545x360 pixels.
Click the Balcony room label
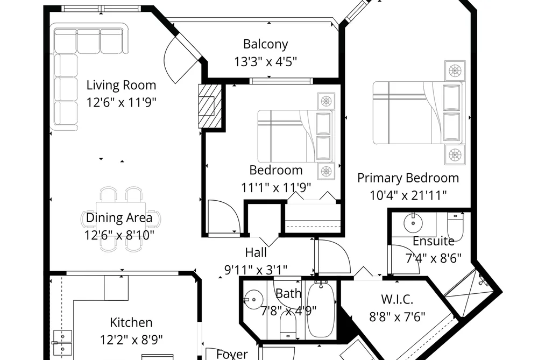[266, 44]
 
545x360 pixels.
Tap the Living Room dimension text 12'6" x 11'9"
[121, 102]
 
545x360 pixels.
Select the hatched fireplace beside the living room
[210, 106]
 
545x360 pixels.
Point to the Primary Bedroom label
[408, 178]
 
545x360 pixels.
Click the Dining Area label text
[119, 217]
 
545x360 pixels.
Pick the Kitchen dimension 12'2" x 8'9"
[131, 339]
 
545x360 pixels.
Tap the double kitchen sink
[62, 342]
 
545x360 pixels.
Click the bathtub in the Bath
[321, 310]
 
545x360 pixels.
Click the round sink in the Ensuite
[413, 222]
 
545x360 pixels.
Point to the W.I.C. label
[397, 299]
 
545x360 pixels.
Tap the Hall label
[256, 252]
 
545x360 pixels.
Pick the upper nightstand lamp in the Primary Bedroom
[455, 71]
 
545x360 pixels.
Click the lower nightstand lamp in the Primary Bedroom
[455, 154]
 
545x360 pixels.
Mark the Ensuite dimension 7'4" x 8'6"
[434, 258]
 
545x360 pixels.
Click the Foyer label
[232, 355]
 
